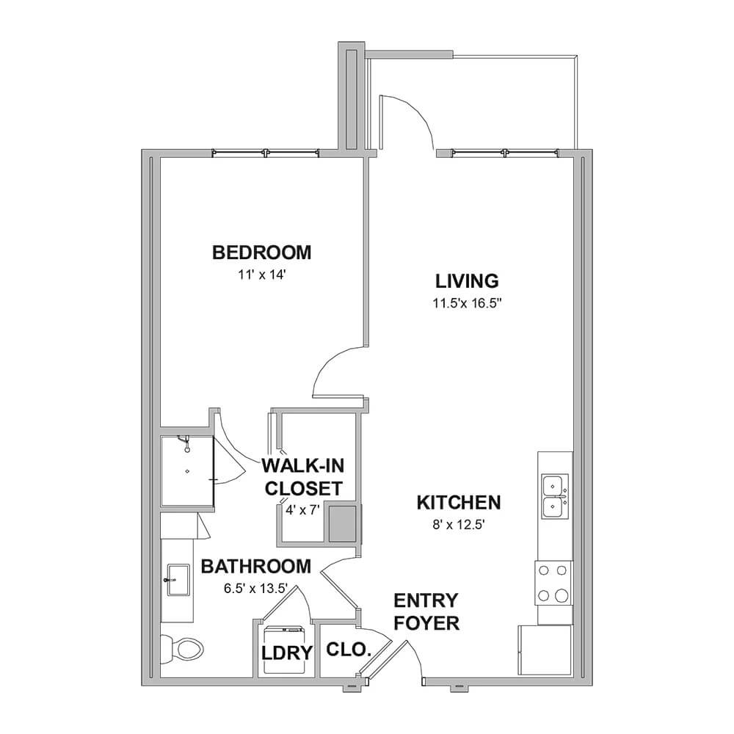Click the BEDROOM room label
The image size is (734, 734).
[262, 252]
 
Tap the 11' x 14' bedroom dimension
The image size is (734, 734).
[262, 275]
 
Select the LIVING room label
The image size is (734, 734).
[467, 281]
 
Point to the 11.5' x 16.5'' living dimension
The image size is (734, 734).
[467, 303]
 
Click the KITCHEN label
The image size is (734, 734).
[459, 502]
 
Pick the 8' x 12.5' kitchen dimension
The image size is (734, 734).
[458, 525]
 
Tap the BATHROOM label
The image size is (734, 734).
[256, 567]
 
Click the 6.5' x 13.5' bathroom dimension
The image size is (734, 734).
[255, 589]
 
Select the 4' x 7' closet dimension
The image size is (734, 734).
[302, 510]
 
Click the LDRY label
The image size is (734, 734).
[286, 653]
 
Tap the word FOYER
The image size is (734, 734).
[426, 623]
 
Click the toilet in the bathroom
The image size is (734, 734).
[182, 648]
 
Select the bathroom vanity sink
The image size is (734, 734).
[178, 580]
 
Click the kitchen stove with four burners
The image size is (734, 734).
[553, 584]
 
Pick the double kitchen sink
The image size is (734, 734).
[555, 496]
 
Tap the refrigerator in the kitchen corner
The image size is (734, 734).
[545, 650]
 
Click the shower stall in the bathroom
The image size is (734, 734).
[187, 471]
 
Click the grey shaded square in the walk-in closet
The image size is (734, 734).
[343, 523]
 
